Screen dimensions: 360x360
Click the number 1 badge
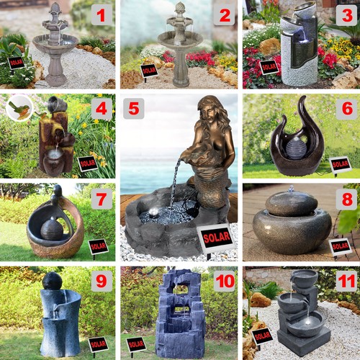102,15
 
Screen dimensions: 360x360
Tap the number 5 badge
134,109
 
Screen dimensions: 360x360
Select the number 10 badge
225,281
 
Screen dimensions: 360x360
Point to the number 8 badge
347,199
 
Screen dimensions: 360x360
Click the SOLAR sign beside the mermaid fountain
217,238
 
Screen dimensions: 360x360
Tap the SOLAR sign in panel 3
269,67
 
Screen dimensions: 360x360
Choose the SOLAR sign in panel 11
262,336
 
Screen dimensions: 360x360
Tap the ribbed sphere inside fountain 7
52,229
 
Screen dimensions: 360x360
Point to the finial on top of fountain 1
55,8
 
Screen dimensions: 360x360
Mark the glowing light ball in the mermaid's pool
153,212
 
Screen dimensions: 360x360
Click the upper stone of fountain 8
292,204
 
